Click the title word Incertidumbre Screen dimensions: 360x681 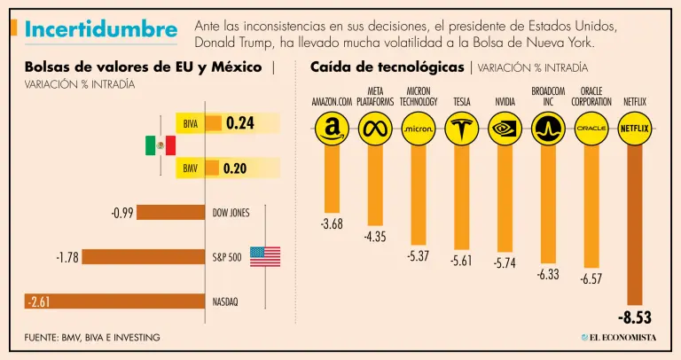click(x=100, y=30)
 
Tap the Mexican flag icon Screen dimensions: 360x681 click(x=160, y=145)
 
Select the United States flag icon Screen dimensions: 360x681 click(x=264, y=257)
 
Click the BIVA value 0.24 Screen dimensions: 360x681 click(x=239, y=124)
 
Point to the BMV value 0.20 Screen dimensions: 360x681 click(x=235, y=168)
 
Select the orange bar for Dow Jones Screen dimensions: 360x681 click(x=172, y=213)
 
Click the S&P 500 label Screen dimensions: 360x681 click(x=229, y=257)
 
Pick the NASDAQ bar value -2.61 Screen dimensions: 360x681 click(x=40, y=301)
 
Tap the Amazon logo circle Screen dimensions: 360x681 click(x=332, y=129)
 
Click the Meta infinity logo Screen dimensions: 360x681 click(x=375, y=129)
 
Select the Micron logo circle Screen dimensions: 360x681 click(x=418, y=129)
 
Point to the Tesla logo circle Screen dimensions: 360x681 click(x=461, y=129)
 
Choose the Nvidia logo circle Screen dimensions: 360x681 click(x=505, y=129)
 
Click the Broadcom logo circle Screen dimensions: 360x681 click(x=548, y=129)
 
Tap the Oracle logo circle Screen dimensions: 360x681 click(x=591, y=129)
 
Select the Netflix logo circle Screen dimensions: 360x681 click(x=634, y=129)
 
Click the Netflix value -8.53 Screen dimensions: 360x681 click(x=635, y=317)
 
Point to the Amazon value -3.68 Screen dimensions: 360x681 click(x=332, y=224)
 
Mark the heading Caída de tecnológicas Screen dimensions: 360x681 click(x=387, y=67)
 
